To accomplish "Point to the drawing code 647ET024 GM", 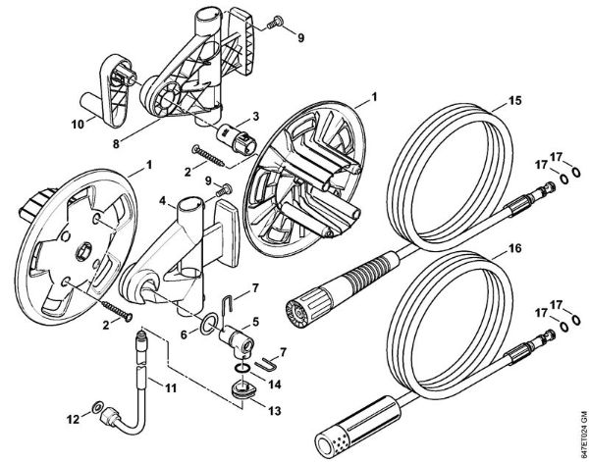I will tap(578, 423).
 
